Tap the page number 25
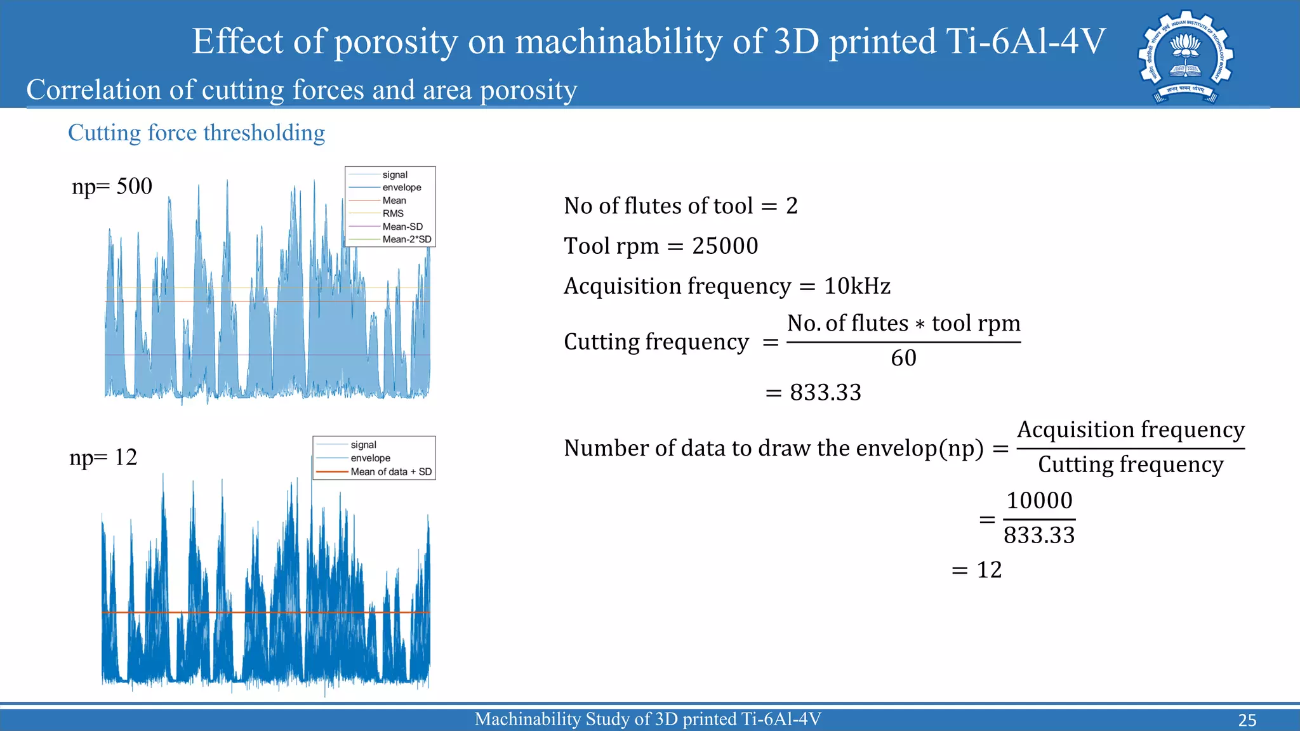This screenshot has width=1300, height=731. (1247, 720)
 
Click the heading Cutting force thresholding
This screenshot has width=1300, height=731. (196, 133)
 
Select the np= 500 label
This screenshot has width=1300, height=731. (112, 187)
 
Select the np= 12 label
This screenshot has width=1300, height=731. (103, 458)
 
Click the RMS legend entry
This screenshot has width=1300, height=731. (392, 213)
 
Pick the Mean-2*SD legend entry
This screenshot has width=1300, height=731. (406, 239)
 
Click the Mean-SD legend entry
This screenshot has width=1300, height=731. (402, 227)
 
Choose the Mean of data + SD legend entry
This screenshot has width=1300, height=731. (390, 471)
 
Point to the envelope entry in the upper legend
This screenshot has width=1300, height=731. (401, 187)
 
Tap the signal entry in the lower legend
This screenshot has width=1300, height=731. (363, 445)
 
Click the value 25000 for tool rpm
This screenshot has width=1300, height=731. (725, 246)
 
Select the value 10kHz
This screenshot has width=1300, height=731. (857, 286)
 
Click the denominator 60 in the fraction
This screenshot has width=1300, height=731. (903, 358)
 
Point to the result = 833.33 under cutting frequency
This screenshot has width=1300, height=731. (814, 393)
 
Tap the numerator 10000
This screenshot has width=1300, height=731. (1039, 501)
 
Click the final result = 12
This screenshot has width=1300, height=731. (977, 570)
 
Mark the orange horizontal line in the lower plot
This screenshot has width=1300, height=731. (267, 612)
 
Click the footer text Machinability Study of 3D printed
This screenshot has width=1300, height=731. (647, 719)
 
